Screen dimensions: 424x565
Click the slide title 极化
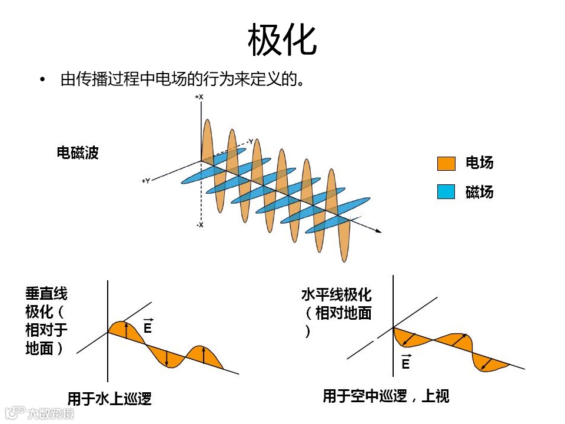pyautogui.click(x=282, y=40)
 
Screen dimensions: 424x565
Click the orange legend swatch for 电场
pyautogui.click(x=446, y=163)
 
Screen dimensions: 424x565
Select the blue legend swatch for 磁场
pyautogui.click(x=446, y=192)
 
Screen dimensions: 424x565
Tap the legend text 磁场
pyautogui.click(x=480, y=192)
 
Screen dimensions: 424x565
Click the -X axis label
pyautogui.click(x=200, y=225)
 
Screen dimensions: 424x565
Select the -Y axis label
pyautogui.click(x=250, y=142)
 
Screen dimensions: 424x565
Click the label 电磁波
pyautogui.click(x=78, y=153)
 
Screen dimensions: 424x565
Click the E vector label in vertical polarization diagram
pyautogui.click(x=148, y=327)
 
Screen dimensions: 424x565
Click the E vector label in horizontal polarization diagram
pyautogui.click(x=406, y=363)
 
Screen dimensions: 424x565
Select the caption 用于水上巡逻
pyautogui.click(x=109, y=399)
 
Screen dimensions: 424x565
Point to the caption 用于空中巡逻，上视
pyautogui.click(x=386, y=396)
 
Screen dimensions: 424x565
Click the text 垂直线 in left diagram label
pyautogui.click(x=46, y=294)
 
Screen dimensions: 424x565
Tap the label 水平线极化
pyautogui.click(x=337, y=294)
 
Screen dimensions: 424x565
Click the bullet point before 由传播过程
pyautogui.click(x=42, y=79)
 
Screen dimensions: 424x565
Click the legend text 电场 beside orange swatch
pyautogui.click(x=480, y=163)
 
